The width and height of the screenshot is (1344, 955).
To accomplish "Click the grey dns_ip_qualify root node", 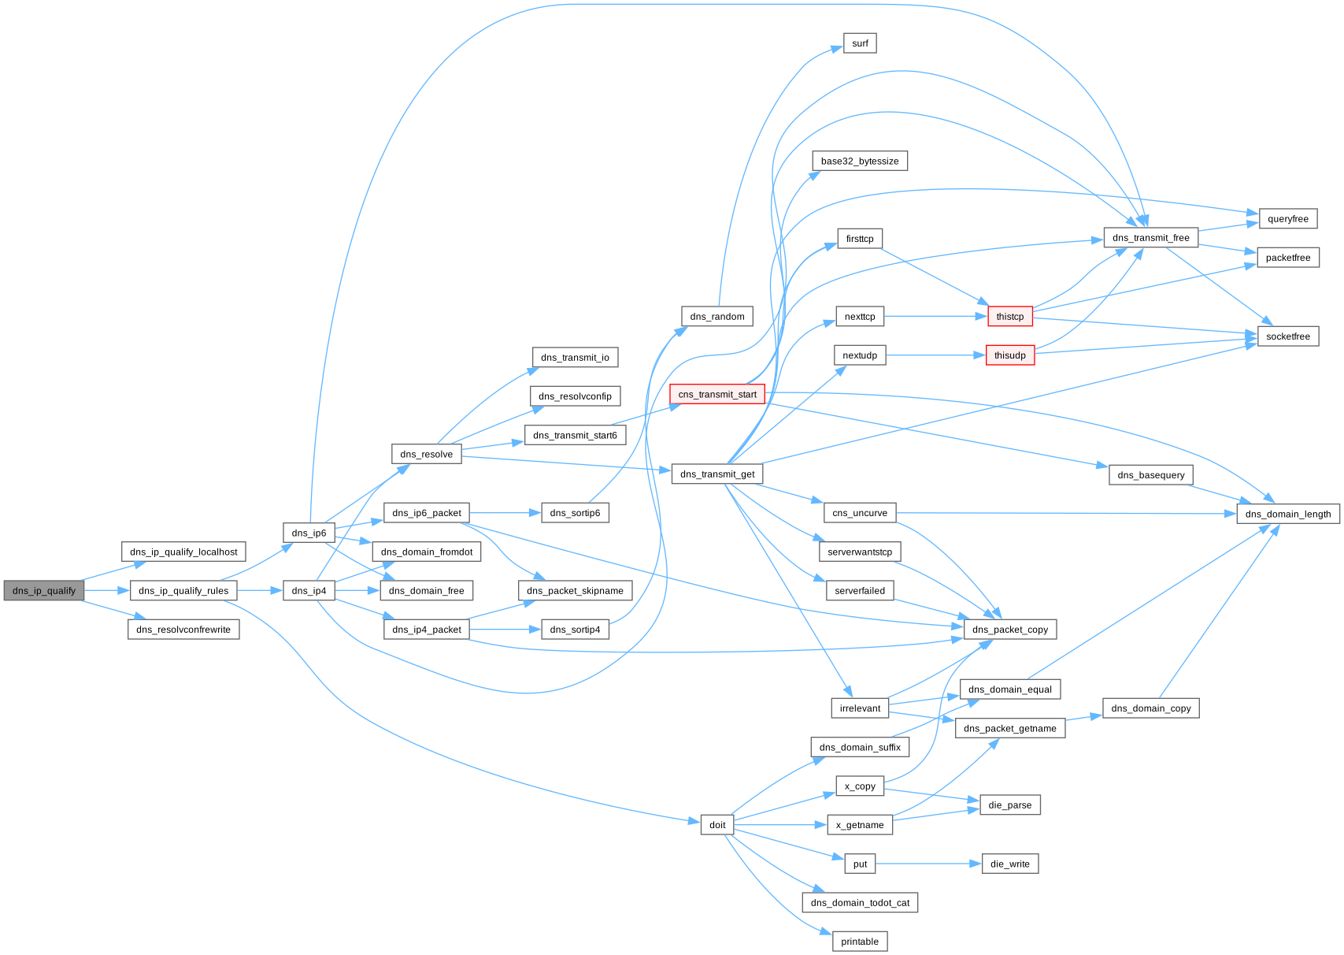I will point(43,590).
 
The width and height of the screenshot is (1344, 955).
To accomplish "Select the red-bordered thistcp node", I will point(1009,317).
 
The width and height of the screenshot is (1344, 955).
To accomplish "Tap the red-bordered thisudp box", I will point(1009,355).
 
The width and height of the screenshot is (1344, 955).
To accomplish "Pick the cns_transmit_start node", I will point(716,394).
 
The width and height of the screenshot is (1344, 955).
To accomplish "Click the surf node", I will point(860,43).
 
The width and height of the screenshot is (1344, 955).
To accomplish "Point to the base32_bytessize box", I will point(859,161).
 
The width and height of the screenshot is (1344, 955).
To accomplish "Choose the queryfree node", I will point(1287,219).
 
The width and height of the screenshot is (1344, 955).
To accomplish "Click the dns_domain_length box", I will point(1287,514).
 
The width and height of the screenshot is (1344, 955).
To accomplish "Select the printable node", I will point(859,941).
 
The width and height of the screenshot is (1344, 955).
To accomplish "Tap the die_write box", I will point(1009,864).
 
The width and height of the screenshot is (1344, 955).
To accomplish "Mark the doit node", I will point(717,825).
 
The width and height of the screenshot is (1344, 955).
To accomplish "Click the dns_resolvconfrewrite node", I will point(183,630).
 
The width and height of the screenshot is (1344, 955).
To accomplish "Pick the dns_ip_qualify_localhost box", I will point(183,552).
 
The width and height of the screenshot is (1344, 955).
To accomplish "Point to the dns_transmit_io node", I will point(575,357).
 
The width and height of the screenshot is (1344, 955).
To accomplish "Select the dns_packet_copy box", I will point(1009,629).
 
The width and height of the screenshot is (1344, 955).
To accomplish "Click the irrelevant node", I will point(860,708).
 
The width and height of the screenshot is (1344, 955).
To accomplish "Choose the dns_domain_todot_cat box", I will point(860,902).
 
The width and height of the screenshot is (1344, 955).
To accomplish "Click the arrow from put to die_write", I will point(928,864).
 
